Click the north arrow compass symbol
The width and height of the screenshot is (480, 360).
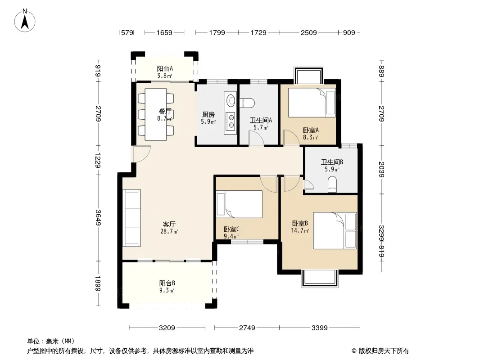tap(25, 21)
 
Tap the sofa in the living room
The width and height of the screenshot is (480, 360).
tap(132, 218)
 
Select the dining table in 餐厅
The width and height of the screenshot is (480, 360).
tap(156, 114)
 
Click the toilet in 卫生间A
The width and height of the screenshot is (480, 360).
tap(247, 103)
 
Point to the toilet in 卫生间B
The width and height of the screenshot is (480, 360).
tap(332, 185)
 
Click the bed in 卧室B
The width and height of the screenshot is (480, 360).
tap(335, 230)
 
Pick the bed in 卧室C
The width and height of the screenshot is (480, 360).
tap(240, 204)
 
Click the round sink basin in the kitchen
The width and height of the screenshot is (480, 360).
tap(231, 100)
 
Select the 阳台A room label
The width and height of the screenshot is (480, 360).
tap(165, 68)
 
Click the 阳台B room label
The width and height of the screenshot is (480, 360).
tap(167, 283)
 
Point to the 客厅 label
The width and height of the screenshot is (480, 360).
tap(169, 225)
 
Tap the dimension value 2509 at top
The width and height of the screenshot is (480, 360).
tap(308, 32)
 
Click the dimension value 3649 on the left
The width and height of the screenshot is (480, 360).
tap(98, 217)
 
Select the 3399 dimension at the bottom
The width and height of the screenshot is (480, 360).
tap(320, 328)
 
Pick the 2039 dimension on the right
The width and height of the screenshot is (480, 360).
tap(381, 169)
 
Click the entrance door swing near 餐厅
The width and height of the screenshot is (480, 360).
tap(141, 154)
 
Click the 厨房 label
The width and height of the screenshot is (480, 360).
tap(208, 115)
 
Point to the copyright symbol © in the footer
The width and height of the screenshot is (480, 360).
tap(354, 351)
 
